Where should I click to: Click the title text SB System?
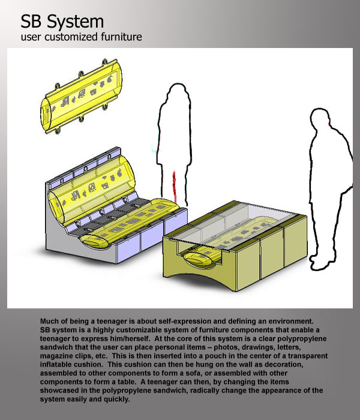click(62, 22)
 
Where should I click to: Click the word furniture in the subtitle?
click(121, 37)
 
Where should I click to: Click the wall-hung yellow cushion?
click(81, 97)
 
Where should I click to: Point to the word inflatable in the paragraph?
click(56, 364)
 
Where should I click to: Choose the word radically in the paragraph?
click(205, 390)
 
